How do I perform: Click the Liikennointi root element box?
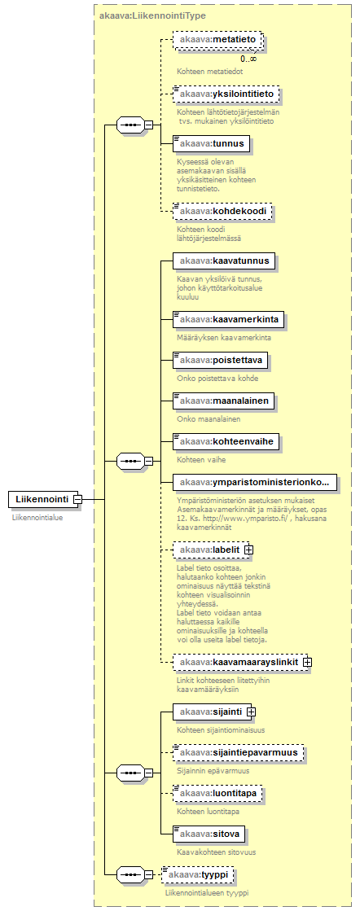click(x=42, y=498)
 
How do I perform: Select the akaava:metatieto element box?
click(x=217, y=39)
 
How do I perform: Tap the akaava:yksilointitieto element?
click(x=226, y=93)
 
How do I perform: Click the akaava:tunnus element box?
click(x=212, y=143)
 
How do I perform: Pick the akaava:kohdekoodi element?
click(x=222, y=212)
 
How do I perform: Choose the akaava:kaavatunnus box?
click(x=224, y=261)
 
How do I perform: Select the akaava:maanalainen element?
click(x=224, y=401)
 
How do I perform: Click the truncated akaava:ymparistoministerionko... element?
click(x=255, y=482)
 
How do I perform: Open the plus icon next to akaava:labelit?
click(x=249, y=549)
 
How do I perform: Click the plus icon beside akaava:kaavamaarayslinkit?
click(x=307, y=662)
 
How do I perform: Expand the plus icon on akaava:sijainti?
click(x=251, y=712)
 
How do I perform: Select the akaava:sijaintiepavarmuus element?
click(x=239, y=752)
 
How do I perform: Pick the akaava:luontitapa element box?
click(x=217, y=794)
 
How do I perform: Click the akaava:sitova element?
click(x=209, y=835)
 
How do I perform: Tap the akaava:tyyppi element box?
click(x=199, y=874)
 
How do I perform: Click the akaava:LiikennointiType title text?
click(x=152, y=15)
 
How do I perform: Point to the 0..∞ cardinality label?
click(x=249, y=59)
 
